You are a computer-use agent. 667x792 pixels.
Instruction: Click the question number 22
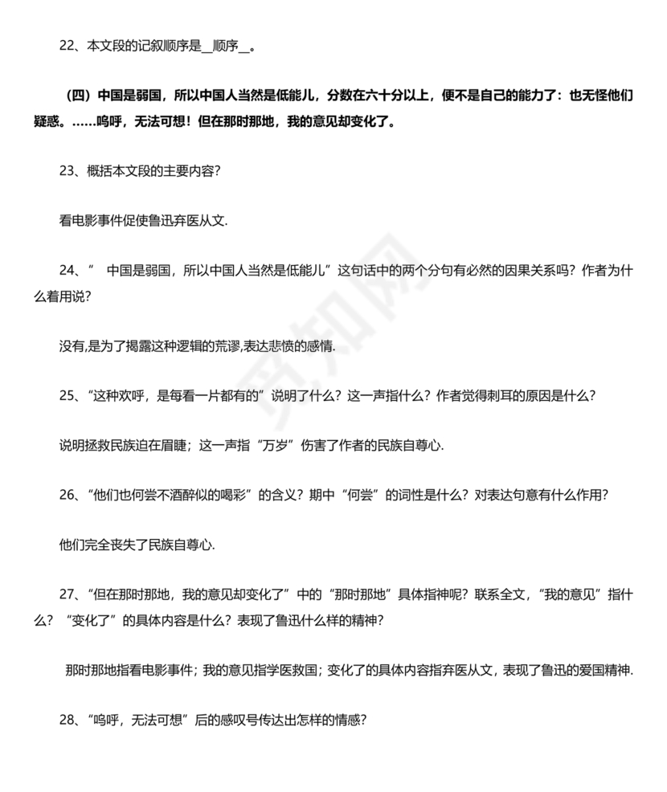67,46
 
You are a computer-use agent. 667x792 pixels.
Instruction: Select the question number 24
67,271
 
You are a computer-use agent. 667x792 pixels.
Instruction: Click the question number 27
67,596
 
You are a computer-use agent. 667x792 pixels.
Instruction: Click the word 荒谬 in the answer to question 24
263,346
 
